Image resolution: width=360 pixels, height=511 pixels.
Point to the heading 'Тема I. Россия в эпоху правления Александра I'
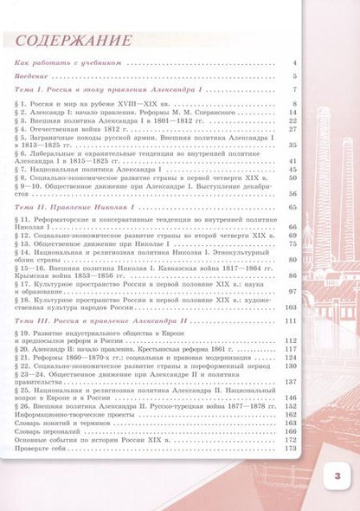96,91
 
